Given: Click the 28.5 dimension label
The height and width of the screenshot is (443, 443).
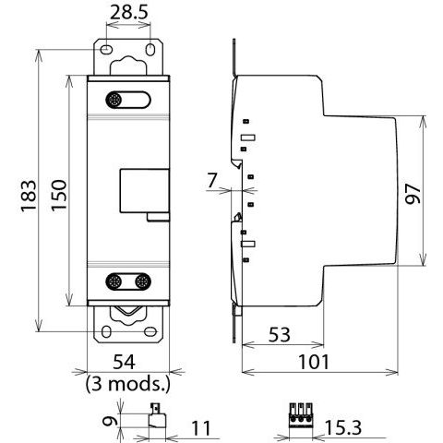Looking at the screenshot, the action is pyautogui.click(x=129, y=13).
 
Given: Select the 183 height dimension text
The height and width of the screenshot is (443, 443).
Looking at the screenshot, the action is pyautogui.click(x=29, y=196).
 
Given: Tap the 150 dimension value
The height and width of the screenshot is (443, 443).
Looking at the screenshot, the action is pyautogui.click(x=59, y=195).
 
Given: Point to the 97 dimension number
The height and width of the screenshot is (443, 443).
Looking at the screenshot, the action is pyautogui.click(x=413, y=194).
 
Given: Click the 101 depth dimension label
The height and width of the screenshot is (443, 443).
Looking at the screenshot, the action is pyautogui.click(x=314, y=362).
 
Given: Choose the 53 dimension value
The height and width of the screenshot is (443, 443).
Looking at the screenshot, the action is pyautogui.click(x=280, y=335).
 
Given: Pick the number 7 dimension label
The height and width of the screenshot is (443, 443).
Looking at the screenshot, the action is pyautogui.click(x=212, y=180).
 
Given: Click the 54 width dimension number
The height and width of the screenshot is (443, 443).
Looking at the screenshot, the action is pyautogui.click(x=124, y=362).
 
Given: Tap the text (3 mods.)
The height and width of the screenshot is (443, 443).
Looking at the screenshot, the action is pyautogui.click(x=128, y=384).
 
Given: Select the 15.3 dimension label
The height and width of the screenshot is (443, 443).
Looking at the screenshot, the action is pyautogui.click(x=343, y=427).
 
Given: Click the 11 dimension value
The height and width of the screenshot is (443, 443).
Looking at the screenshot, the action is pyautogui.click(x=201, y=428).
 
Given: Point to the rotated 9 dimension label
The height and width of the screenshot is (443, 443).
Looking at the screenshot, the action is pyautogui.click(x=111, y=421).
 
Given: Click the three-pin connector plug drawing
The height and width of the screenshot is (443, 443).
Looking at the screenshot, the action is pyautogui.click(x=301, y=415).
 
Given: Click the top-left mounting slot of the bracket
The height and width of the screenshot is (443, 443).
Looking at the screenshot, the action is pyautogui.click(x=106, y=49).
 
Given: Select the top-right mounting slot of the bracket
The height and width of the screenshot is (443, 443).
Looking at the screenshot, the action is pyautogui.click(x=150, y=50).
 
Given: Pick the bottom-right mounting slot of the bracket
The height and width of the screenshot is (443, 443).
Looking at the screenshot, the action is pyautogui.click(x=150, y=331).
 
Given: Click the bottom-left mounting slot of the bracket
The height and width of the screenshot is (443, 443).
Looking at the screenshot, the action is pyautogui.click(x=106, y=332).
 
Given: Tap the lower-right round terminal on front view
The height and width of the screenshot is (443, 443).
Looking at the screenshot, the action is pyautogui.click(x=142, y=281).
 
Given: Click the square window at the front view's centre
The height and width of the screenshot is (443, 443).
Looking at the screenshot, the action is pyautogui.click(x=144, y=191).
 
